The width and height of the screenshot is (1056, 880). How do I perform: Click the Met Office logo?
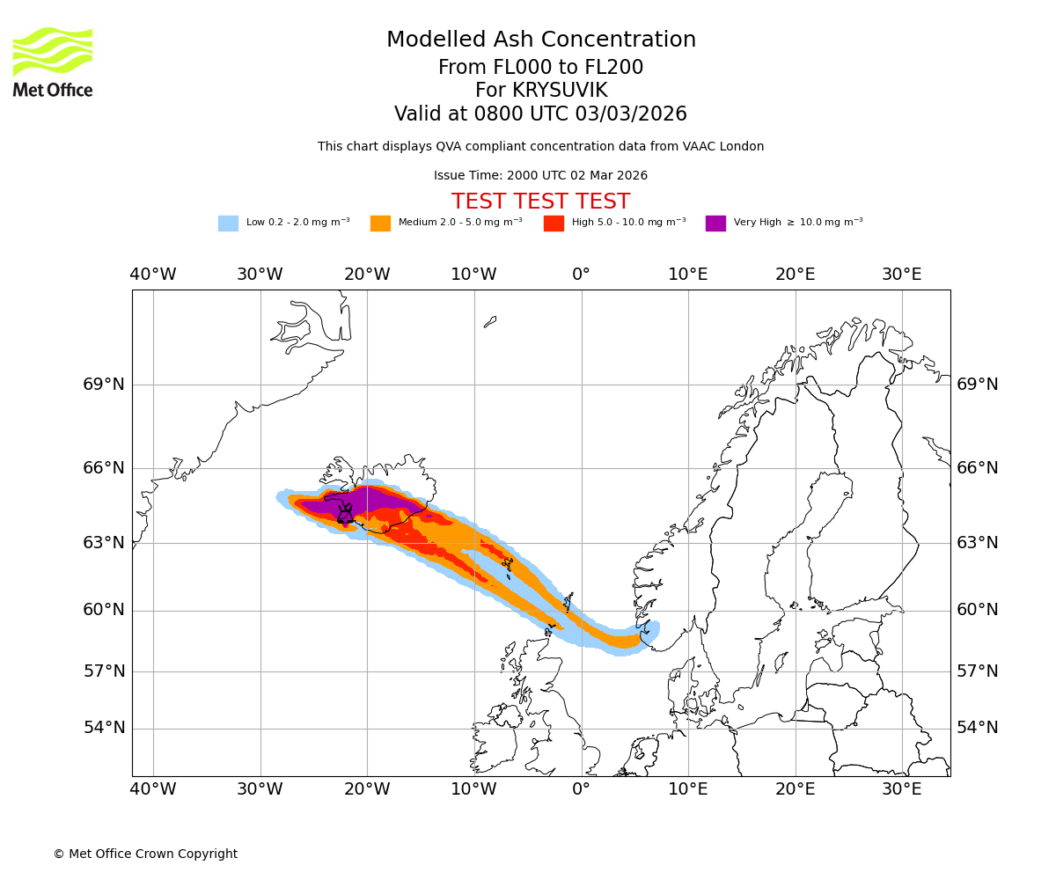53,62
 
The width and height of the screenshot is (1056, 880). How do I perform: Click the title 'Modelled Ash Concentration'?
540,40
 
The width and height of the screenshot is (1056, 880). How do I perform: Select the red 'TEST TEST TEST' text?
540,202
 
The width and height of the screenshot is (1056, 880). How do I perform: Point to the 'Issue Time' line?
540,176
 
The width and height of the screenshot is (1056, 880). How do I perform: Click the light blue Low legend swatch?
228,224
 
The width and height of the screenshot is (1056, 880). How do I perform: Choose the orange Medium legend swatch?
380,224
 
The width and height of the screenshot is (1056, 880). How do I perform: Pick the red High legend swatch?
554,224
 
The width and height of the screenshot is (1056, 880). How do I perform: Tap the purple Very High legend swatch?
715,224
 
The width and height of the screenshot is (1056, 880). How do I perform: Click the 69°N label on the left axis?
104,385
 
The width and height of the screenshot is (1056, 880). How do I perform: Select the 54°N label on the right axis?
978,728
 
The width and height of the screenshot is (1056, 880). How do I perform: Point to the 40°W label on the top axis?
153,275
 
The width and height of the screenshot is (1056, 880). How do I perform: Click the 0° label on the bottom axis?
581,789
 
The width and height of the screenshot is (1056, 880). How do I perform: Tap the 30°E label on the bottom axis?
902,789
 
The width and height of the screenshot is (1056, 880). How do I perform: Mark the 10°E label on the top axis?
688,275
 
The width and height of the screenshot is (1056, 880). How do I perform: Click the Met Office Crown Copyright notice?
145,854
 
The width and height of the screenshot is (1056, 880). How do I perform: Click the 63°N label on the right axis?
978,543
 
